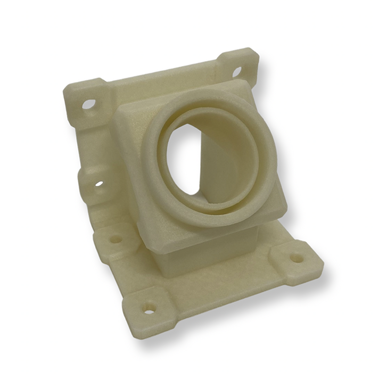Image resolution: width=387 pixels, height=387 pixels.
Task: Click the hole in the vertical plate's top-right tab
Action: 236,71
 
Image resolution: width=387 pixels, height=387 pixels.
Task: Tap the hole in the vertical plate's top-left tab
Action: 88,104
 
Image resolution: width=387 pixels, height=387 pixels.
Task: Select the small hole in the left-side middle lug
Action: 99,184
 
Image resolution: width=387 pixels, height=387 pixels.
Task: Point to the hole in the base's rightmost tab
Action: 297,258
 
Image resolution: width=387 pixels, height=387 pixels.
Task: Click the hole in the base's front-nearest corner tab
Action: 150,308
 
